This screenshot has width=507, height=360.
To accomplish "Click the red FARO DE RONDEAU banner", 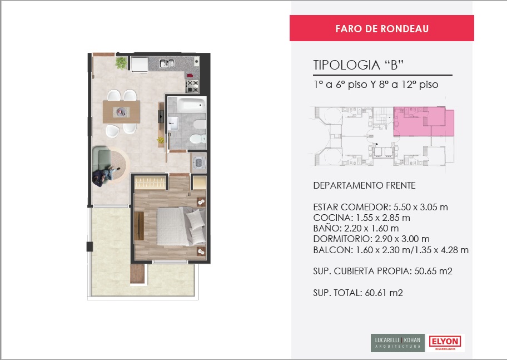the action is click(x=381, y=28).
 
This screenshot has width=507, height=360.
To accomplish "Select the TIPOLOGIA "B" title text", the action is click(x=358, y=65).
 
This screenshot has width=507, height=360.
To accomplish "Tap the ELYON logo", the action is click(x=445, y=343).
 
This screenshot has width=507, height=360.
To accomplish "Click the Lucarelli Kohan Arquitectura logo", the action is click(x=397, y=343).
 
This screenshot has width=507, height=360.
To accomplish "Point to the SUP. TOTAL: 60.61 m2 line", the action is click(x=358, y=293).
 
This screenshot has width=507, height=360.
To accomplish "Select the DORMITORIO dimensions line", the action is click(x=371, y=239).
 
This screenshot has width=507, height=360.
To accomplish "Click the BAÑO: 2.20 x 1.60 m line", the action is click(x=356, y=228).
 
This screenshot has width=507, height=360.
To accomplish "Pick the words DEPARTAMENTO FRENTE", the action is click(x=365, y=185).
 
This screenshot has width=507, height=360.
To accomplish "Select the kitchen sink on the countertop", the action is click(x=167, y=63).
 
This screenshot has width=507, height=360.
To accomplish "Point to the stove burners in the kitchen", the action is click(x=192, y=86).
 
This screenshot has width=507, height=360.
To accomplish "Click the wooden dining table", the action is click(x=121, y=112).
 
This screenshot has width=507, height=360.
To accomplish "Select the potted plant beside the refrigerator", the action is click(x=121, y=63).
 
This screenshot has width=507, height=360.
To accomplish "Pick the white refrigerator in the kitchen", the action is click(x=139, y=64).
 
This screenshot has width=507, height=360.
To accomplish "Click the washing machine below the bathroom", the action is click(x=198, y=162).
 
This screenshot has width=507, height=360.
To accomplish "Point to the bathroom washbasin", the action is click(x=173, y=124).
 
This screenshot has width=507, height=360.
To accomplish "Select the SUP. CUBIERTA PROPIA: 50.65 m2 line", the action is click(x=382, y=271).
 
